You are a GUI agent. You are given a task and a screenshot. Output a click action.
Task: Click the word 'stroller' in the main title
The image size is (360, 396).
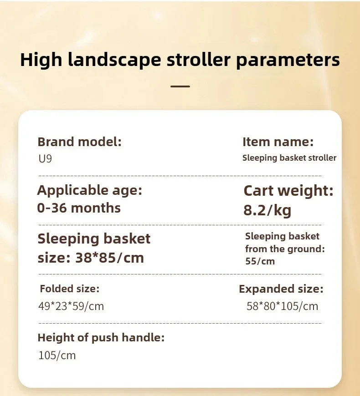point(198,60)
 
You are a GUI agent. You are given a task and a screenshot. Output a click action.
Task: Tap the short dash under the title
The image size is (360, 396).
point(180,86)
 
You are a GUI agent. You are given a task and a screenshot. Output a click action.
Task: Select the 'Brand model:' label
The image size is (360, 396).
point(80,142)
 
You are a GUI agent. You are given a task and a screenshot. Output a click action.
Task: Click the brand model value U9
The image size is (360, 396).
point(45,158)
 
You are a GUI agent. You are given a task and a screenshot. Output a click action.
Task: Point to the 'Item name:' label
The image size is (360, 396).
point(278,142)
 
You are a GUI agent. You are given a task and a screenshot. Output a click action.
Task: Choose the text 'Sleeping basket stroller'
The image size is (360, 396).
point(289,158)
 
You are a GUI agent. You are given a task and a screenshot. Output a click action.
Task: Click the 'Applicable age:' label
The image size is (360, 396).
point(90,190)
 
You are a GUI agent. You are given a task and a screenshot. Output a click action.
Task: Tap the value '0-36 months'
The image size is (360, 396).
point(79,208)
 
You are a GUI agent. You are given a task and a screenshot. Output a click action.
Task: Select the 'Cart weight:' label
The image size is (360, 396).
point(288,191)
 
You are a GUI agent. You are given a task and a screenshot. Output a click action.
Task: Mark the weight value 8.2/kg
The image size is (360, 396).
point(267,210)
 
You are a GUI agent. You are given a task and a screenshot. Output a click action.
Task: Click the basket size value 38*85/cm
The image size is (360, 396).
point(110,258)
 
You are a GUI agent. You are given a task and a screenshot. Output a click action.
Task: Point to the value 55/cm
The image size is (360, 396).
point(260,261)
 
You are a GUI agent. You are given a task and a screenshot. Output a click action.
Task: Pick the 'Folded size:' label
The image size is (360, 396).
point(70,289)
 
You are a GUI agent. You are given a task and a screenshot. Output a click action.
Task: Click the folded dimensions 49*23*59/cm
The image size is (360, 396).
point(71,306)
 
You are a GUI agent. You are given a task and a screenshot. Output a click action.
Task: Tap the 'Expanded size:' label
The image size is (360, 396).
point(281,289)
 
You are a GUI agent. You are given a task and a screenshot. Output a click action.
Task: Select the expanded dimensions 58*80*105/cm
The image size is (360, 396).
point(282,306)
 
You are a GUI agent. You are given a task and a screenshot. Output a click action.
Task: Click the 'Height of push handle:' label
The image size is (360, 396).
point(101,338)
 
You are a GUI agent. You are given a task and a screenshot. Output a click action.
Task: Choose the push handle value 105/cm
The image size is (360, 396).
point(57,355)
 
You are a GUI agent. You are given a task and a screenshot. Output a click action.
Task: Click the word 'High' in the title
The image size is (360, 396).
point(41,61)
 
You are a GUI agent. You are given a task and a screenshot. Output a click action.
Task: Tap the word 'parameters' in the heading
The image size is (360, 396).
point(288,61)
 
